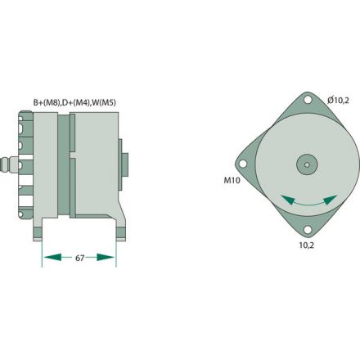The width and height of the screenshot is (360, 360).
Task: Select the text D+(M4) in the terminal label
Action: tap(77, 102)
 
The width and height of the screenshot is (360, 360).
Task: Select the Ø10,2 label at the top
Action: tap(339, 100)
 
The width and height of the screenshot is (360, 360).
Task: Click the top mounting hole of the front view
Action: tap(308, 103)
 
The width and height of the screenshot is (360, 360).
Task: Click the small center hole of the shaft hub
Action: tap(308, 164)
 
